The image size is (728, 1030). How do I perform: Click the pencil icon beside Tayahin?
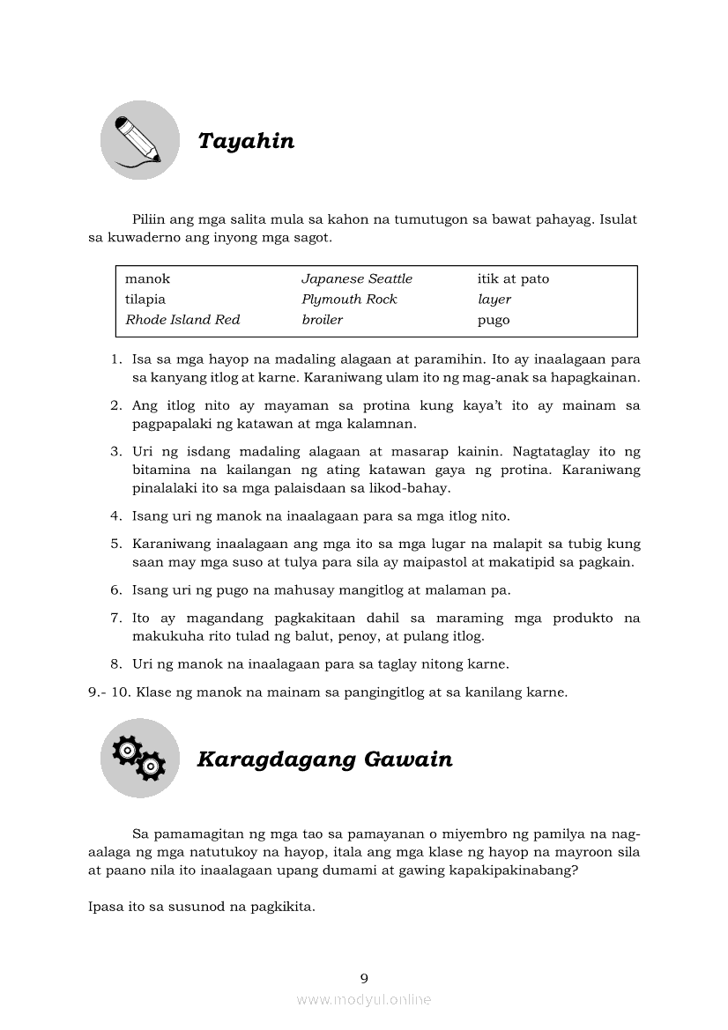[x=139, y=140]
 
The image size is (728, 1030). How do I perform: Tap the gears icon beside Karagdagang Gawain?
[x=139, y=758]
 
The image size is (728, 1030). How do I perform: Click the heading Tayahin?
[x=246, y=141]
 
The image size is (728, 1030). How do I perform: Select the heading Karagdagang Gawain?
[x=324, y=759]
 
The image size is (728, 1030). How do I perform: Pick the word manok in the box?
[x=147, y=278]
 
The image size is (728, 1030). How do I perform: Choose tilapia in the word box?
[x=145, y=299]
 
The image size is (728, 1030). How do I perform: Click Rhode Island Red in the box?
[x=182, y=319]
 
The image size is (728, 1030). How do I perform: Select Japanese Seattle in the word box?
[x=356, y=278]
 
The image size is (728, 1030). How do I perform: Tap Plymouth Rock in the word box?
[x=349, y=299]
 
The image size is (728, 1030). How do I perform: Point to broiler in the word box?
[x=322, y=319]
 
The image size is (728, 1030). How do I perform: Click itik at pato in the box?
[x=513, y=278]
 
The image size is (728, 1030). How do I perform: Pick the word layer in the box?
[x=494, y=300]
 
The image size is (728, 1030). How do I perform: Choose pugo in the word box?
[x=494, y=320]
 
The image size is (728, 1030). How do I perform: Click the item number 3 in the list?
[x=115, y=451]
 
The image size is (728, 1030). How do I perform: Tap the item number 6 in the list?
[x=115, y=589]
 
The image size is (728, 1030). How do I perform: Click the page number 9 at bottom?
[x=364, y=977]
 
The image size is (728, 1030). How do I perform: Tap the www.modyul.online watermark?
[x=364, y=999]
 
